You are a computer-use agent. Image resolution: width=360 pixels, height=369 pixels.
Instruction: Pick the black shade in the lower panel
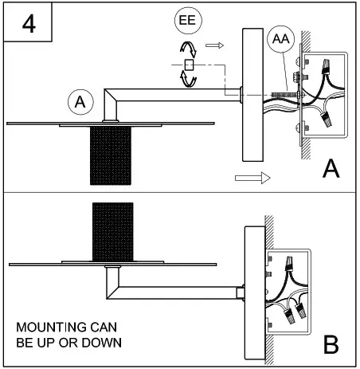tap(112, 231)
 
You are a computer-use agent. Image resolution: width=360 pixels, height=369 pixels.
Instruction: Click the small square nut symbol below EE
tap(189, 65)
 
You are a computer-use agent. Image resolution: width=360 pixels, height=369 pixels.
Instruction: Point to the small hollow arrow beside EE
tap(213, 46)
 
